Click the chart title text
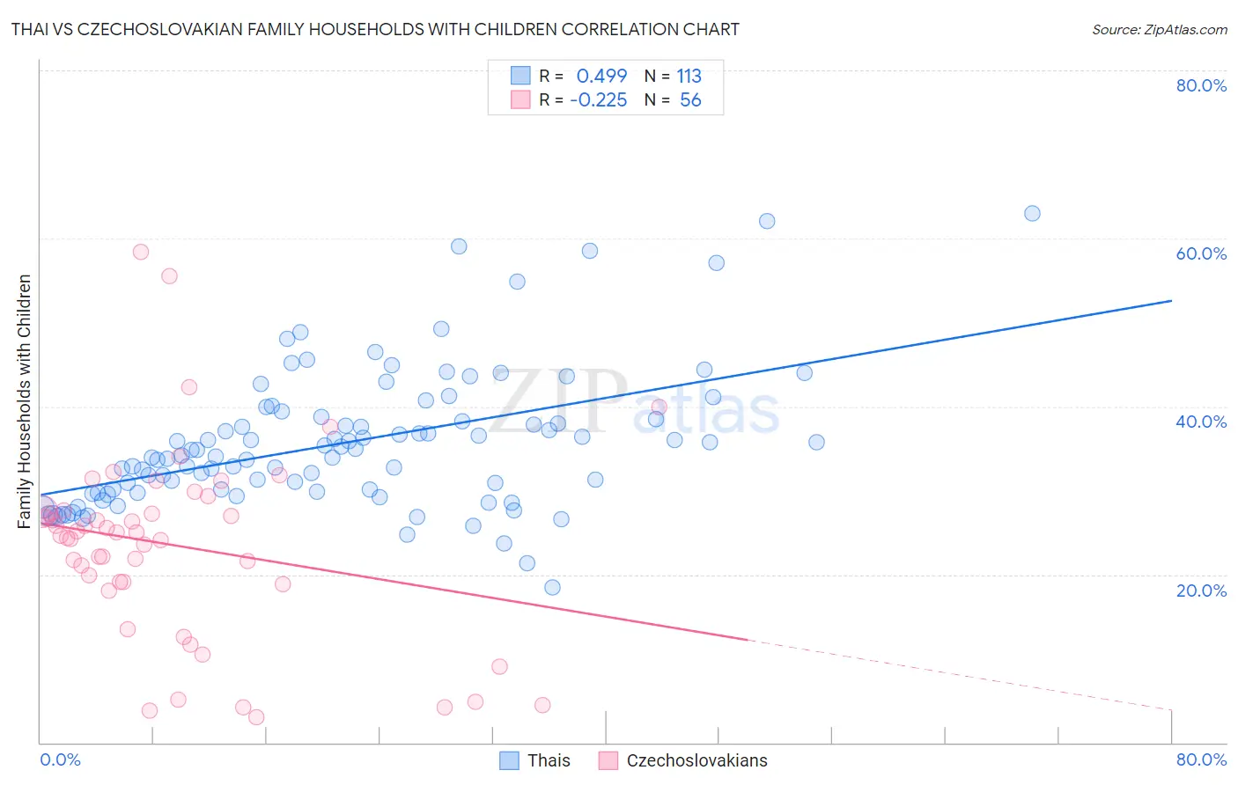click(375, 29)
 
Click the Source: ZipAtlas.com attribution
click(1159, 29)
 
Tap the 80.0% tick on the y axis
click(1201, 85)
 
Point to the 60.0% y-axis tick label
click(1201, 253)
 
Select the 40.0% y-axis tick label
click(1201, 422)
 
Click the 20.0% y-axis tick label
click(1201, 591)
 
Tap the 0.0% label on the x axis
click(60, 759)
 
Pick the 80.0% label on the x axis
click(1201, 759)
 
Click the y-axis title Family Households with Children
click(25, 401)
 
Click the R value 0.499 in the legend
click(601, 76)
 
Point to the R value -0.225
click(598, 100)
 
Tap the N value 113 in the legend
click(689, 76)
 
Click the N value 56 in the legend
click(690, 100)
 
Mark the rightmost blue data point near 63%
click(1032, 213)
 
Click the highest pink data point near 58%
click(141, 252)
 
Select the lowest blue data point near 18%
click(552, 587)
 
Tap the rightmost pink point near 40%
click(659, 407)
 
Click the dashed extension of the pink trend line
click(960, 674)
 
